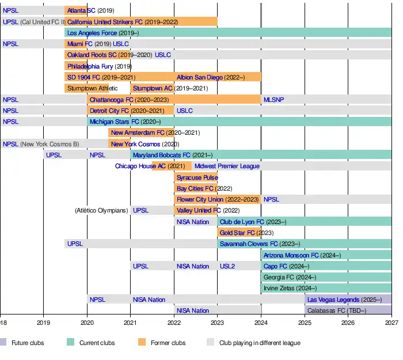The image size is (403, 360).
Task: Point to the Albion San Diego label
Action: click(200, 77)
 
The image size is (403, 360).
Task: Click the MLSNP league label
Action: click(273, 100)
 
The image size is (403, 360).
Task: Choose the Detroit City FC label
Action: click(109, 111)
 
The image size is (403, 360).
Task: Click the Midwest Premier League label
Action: click(227, 166)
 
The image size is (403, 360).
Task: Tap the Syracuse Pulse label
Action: click(197, 177)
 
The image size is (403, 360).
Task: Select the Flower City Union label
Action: click(200, 199)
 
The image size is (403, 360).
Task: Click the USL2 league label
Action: click(227, 266)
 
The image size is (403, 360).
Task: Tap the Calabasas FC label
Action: click(329, 310)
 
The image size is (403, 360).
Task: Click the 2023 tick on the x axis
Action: click(218, 323)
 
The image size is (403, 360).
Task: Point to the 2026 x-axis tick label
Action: click(348, 323)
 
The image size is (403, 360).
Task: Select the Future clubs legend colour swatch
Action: click(3, 343)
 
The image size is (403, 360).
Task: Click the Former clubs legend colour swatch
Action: click(142, 343)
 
